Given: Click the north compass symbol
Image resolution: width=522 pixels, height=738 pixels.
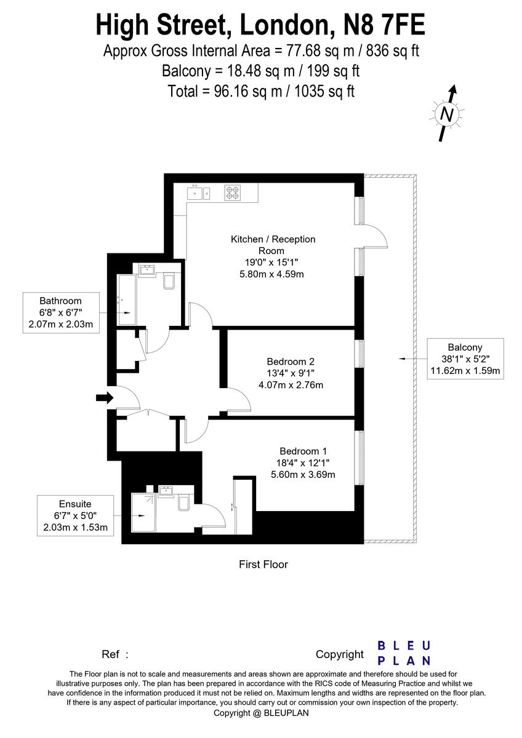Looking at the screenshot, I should (447, 114).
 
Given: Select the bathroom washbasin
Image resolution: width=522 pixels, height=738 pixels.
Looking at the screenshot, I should (147, 271).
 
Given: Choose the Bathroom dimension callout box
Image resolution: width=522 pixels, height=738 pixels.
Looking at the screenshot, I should (60, 313).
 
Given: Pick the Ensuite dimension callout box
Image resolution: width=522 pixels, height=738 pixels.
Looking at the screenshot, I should (75, 515).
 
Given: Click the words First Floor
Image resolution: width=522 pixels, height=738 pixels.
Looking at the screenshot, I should (263, 564).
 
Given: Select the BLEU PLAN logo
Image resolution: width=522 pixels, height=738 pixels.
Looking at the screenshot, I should (404, 653).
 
